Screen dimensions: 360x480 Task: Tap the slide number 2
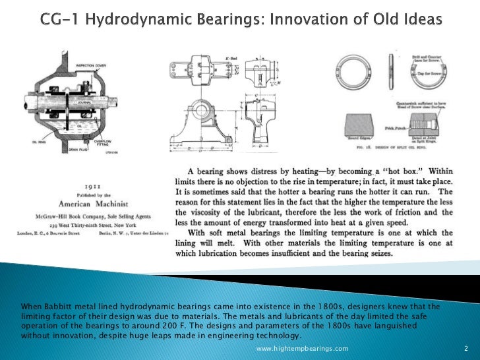(x=465, y=348)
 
